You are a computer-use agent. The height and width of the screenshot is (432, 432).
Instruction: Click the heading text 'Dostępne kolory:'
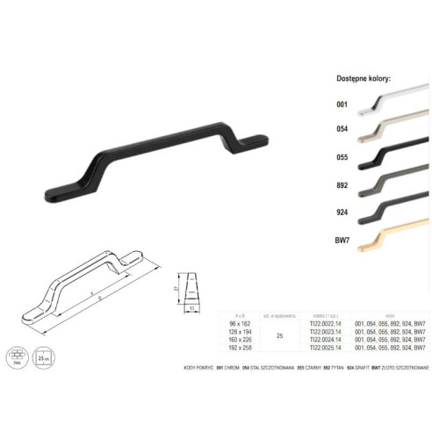click(363, 79)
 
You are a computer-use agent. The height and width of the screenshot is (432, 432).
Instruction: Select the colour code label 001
click(342, 105)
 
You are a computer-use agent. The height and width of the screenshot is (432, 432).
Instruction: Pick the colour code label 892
click(342, 186)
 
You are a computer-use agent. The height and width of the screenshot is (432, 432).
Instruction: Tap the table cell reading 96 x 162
click(235, 323)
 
